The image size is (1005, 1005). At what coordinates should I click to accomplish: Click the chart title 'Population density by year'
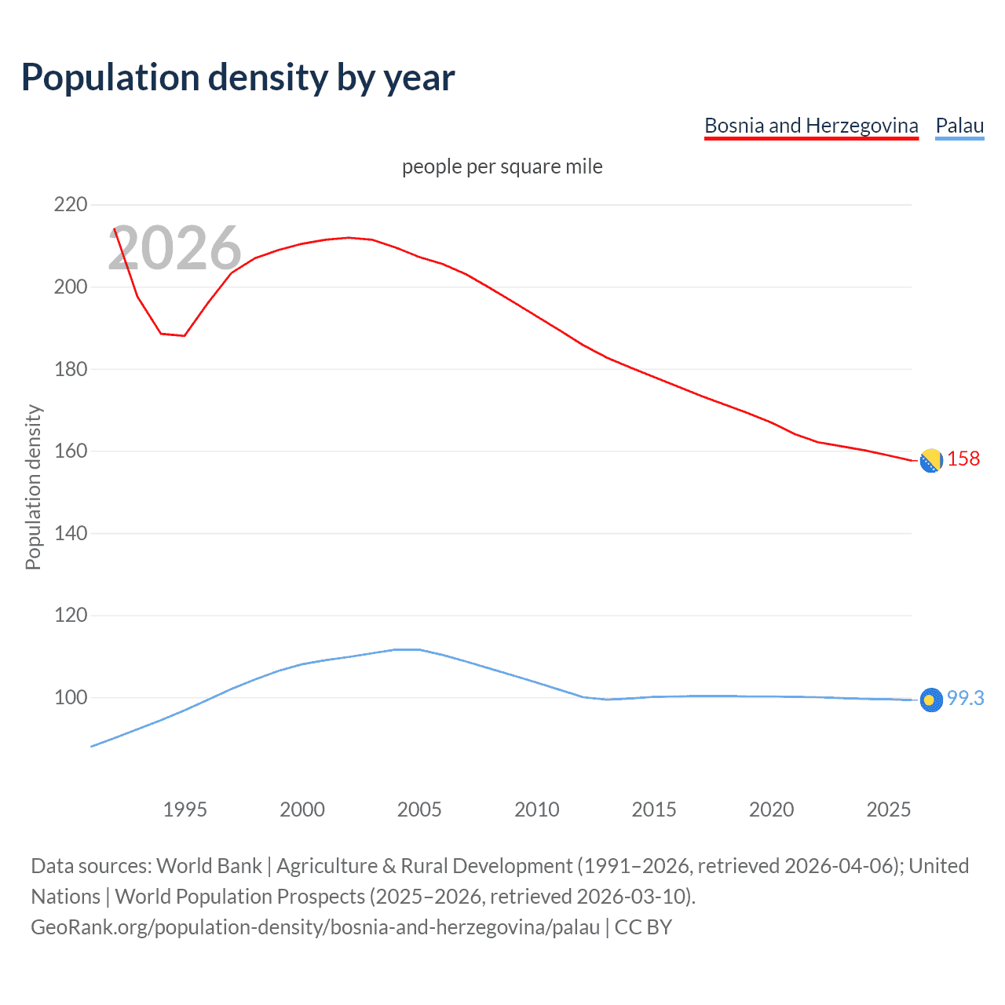point(238,78)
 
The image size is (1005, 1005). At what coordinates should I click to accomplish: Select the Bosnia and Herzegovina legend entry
point(811,126)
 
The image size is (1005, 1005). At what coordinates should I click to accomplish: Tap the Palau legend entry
point(959,126)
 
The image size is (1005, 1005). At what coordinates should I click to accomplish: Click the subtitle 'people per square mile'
point(502,166)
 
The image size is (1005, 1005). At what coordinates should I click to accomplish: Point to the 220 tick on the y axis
point(71,205)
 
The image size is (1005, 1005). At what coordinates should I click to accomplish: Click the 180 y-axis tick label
point(71,369)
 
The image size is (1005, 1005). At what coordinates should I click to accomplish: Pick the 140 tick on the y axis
point(71,533)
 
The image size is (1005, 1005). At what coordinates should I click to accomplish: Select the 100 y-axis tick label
point(71,697)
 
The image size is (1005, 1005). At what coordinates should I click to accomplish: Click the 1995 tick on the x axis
point(185,809)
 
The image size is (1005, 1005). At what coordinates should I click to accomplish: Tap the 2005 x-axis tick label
point(419,809)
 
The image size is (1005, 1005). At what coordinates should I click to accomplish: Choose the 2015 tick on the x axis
point(654,809)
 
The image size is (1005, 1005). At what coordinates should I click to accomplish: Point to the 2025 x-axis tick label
point(888,809)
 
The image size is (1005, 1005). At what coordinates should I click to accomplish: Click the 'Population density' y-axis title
point(33,487)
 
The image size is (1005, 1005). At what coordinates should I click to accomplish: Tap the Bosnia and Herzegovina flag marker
point(931,461)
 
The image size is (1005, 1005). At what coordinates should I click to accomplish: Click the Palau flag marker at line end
point(931,700)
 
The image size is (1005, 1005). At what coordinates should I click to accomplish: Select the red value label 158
point(963,459)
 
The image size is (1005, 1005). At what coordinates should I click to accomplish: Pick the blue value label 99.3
point(965,698)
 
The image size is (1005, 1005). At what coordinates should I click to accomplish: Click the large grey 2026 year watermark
point(174,248)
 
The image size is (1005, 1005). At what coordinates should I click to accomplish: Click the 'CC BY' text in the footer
point(643,927)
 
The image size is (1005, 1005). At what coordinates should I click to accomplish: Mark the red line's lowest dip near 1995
point(184,336)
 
